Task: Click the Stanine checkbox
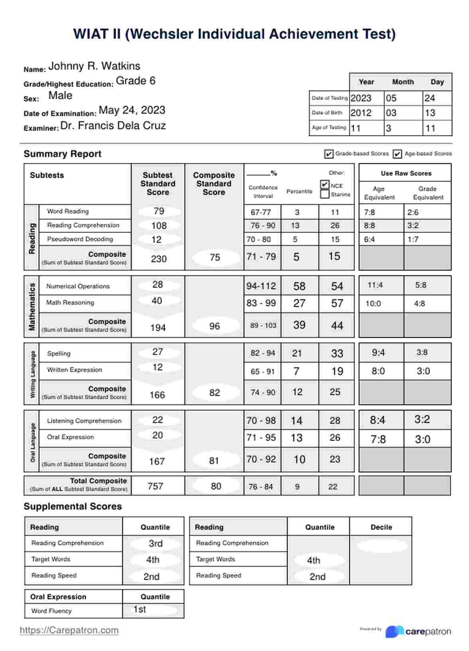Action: tap(325, 194)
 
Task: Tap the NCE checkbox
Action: tap(325, 185)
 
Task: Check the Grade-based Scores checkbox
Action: tap(329, 154)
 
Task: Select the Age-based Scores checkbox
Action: tap(397, 154)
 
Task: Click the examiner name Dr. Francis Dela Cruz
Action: tap(113, 126)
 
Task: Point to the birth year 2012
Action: tap(361, 113)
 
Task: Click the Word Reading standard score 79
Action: tap(159, 211)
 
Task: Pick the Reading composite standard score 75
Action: tap(215, 258)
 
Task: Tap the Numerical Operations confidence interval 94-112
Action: tap(261, 286)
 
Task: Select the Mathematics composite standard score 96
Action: tap(215, 326)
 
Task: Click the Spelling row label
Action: tap(59, 353)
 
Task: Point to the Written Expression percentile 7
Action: tap(296, 371)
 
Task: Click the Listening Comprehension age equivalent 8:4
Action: tap(377, 420)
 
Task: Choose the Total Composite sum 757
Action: tap(156, 486)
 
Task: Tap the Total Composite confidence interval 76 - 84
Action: tap(261, 487)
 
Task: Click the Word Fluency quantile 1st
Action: tap(140, 609)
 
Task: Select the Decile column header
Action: tap(381, 527)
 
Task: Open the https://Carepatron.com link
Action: tap(69, 630)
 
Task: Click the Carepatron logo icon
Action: tap(394, 631)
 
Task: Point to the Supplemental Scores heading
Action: tap(73, 506)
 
